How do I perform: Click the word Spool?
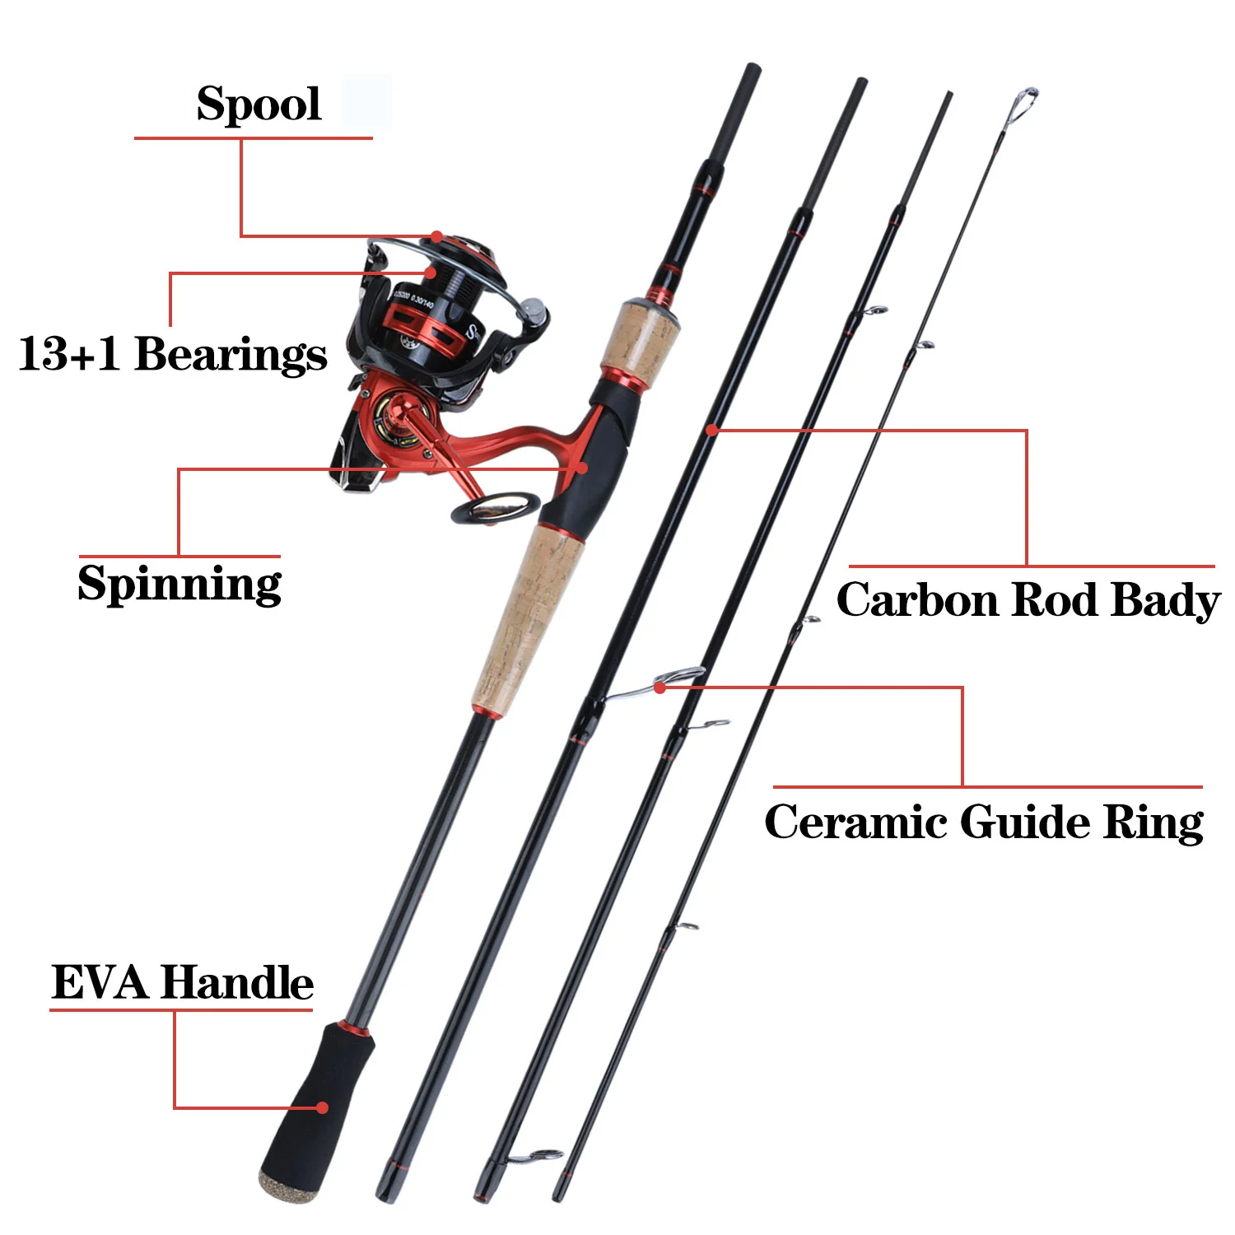(259, 105)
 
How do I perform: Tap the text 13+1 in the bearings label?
(69, 354)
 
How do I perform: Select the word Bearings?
(231, 355)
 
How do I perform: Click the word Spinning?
(179, 585)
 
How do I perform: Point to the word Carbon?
(917, 599)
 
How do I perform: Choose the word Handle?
(237, 982)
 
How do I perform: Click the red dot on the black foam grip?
(323, 1107)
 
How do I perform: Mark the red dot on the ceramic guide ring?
(660, 687)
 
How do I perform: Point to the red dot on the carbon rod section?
(712, 430)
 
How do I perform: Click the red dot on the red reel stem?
(581, 468)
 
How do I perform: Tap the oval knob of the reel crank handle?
(496, 508)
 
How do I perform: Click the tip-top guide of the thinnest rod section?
(1023, 103)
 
